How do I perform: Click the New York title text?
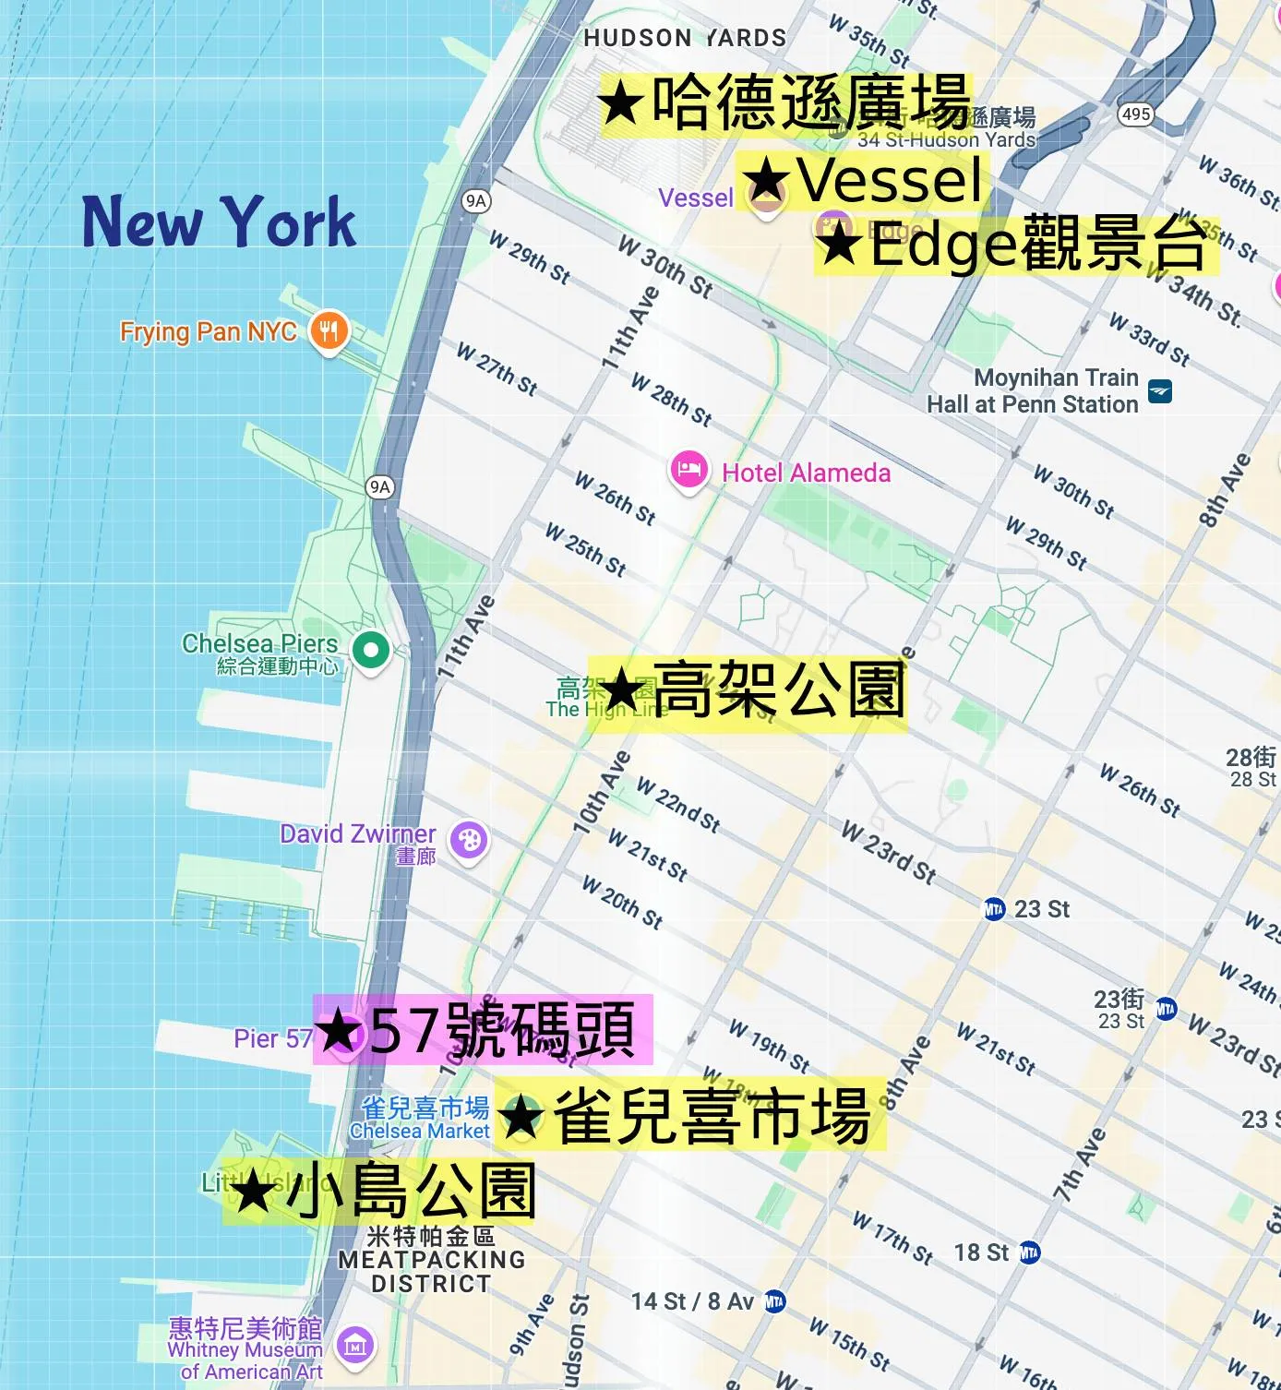point(220,222)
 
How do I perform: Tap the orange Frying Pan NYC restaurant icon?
point(329,330)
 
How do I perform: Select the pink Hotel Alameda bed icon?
point(688,471)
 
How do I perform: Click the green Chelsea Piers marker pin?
point(371,651)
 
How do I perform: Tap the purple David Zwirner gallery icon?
point(469,840)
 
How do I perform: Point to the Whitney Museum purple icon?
point(355,1345)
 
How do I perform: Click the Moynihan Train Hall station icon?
point(1160,391)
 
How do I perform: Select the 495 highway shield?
point(1135,114)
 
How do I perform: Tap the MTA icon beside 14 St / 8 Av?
point(774,1301)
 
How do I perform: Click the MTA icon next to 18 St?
point(1029,1252)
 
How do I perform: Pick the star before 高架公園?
point(621,690)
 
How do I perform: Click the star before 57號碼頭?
point(341,1030)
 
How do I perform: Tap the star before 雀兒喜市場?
point(522,1117)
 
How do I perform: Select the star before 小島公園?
point(252,1192)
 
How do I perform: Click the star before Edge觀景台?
point(839,246)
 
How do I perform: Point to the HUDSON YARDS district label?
point(685,38)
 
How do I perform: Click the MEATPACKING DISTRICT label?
point(431,1271)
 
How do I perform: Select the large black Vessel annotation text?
point(889,180)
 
